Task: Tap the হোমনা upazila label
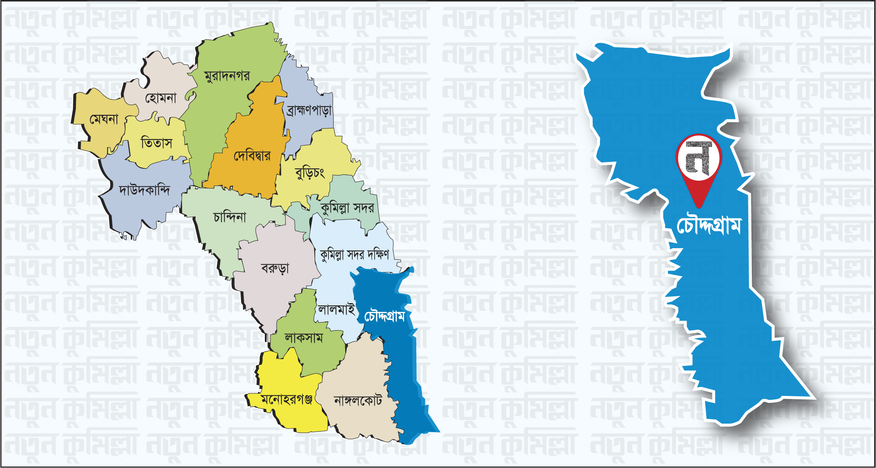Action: (x=161, y=98)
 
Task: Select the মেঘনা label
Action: (x=104, y=119)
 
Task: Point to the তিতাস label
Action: (x=156, y=143)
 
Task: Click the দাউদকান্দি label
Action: (x=144, y=190)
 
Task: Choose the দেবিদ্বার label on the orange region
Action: (x=252, y=155)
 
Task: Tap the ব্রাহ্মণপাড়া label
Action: (x=309, y=111)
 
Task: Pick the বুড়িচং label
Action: (x=310, y=173)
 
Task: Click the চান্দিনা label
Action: (x=229, y=217)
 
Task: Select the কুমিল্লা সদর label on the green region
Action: (x=347, y=208)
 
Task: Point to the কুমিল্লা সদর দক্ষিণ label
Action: (x=354, y=254)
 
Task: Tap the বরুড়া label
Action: (x=275, y=268)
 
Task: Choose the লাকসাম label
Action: (x=304, y=338)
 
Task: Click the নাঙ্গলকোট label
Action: (x=358, y=400)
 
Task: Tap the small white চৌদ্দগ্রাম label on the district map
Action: (x=384, y=316)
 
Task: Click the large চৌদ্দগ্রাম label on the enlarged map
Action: (x=709, y=225)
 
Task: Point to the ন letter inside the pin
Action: (x=698, y=158)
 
